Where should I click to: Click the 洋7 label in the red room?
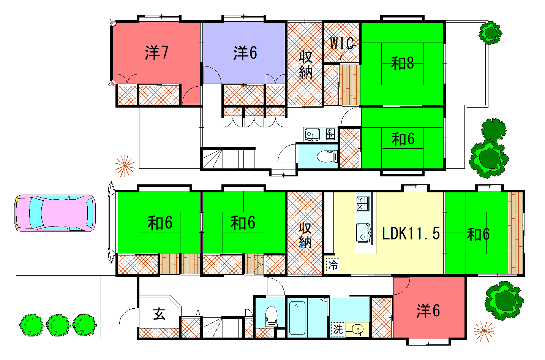[x=156, y=53]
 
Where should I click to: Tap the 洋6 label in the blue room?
[x=245, y=53]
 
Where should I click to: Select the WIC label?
[x=343, y=43]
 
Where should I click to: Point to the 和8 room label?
[x=402, y=63]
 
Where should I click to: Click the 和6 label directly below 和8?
[x=403, y=139]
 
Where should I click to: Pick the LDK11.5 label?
[x=411, y=234]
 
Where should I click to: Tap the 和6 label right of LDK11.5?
[x=478, y=235]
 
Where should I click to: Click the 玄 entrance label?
[x=159, y=314]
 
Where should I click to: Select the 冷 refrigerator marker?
[x=333, y=266]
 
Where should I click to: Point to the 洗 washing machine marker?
[x=338, y=328]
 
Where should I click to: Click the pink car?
[x=55, y=213]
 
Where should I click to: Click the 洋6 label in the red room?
[x=428, y=310]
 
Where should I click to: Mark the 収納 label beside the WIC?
[x=305, y=65]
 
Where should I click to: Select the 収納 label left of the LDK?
[x=305, y=235]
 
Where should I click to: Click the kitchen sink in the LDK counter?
[x=364, y=233]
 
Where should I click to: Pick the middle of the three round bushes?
[x=58, y=325]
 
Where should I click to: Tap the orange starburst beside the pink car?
[x=125, y=166]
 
